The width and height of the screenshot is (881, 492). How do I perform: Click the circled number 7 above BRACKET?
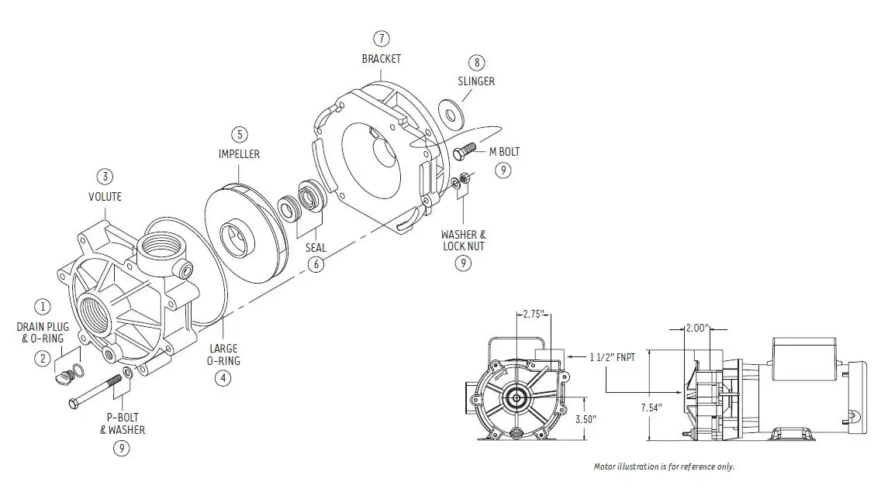(381, 38)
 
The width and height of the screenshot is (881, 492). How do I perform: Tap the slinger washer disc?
(450, 112)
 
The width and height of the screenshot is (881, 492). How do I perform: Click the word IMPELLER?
(239, 154)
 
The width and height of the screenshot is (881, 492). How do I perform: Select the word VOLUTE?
(105, 197)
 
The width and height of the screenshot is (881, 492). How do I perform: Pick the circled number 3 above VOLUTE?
(106, 176)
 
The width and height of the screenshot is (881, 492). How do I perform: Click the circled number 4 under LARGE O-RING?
(223, 378)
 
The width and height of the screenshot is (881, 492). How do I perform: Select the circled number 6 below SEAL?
(315, 264)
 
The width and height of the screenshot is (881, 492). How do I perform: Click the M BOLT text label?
(504, 152)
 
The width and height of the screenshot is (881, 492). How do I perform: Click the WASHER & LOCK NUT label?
(464, 239)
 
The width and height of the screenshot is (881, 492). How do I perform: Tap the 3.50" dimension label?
(586, 419)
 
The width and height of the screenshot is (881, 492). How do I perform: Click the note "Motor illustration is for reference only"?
(663, 466)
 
